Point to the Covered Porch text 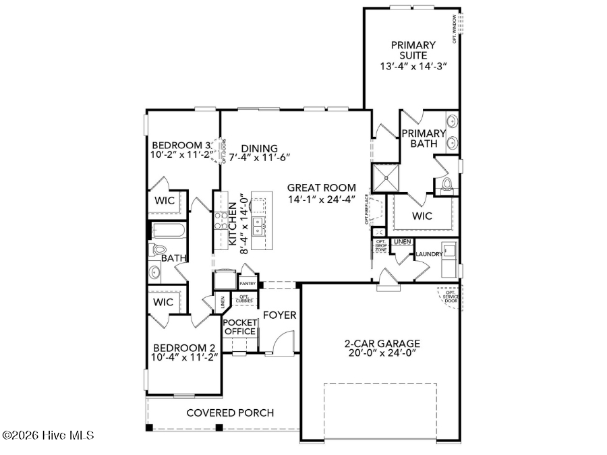click(229, 413)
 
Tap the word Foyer click(279, 315)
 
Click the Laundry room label click(428, 254)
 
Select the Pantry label click(248, 284)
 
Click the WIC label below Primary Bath click(422, 216)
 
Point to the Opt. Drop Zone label click(380, 245)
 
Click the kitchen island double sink click(258, 222)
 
